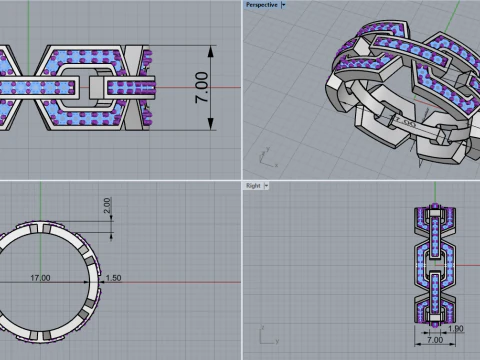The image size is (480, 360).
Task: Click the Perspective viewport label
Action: click(x=261, y=5)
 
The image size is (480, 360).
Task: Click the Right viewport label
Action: click(x=252, y=186)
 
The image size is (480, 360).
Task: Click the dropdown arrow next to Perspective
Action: click(x=283, y=5)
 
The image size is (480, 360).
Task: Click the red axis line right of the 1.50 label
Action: click(x=180, y=282)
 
